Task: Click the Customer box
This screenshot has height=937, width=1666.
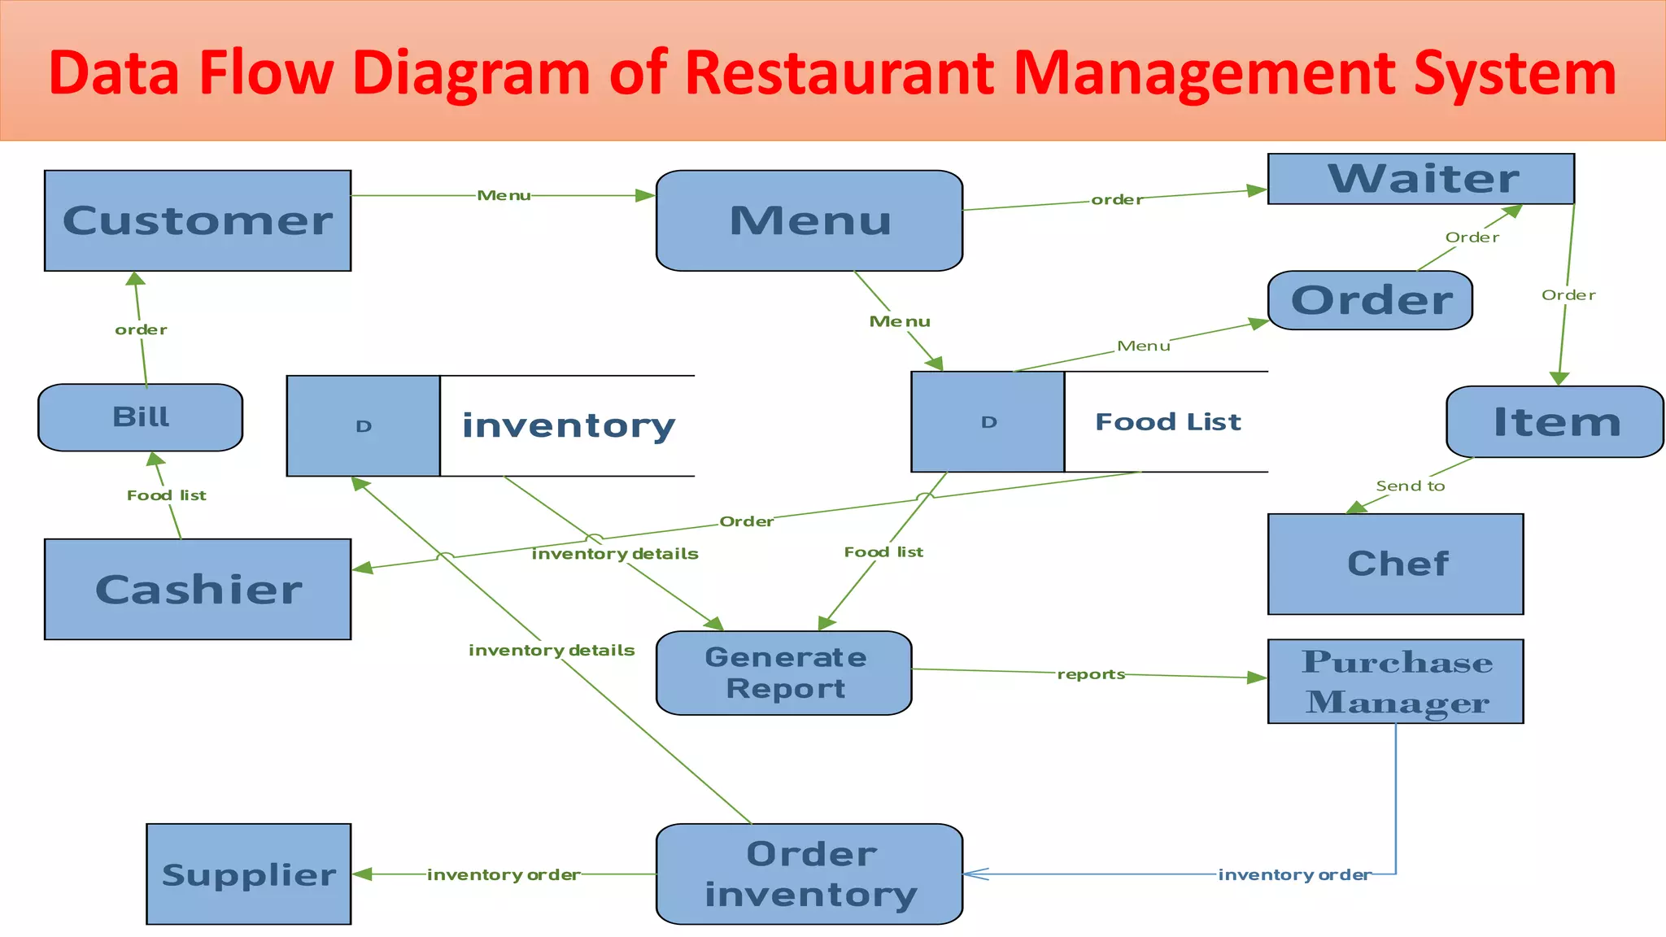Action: click(198, 220)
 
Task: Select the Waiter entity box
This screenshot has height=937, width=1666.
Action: click(1421, 179)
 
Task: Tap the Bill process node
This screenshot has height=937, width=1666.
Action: click(141, 417)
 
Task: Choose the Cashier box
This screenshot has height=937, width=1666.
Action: click(198, 589)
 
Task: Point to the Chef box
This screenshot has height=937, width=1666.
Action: click(1395, 564)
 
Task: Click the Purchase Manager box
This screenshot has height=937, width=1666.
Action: click(1395, 682)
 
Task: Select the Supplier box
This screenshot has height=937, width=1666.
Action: click(249, 874)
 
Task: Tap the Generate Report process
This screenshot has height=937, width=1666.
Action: click(784, 673)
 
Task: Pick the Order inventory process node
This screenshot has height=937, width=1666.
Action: click(809, 874)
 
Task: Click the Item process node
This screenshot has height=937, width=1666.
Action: click(1555, 422)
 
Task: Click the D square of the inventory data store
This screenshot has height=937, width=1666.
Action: click(364, 426)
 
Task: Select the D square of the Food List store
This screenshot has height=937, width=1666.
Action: click(988, 422)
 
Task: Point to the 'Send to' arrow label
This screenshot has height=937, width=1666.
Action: click(1410, 486)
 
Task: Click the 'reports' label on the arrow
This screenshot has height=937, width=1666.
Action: click(1091, 674)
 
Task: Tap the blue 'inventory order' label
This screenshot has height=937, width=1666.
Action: click(1294, 875)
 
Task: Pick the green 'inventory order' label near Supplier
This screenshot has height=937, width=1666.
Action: click(504, 875)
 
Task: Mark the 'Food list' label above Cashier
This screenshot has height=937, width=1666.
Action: click(167, 495)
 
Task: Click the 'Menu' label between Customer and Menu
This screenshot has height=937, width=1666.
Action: click(504, 195)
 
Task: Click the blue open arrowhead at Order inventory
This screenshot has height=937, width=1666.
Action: click(975, 874)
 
